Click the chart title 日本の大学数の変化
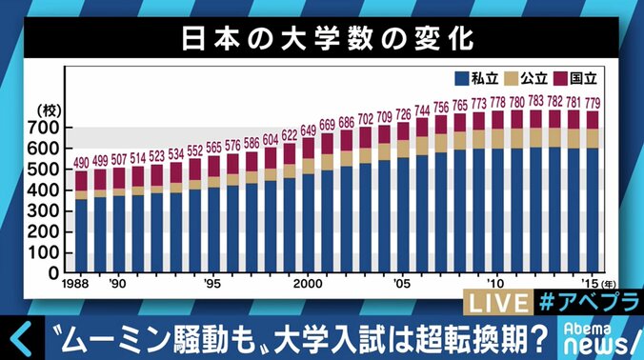(x=321, y=41)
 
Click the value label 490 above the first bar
(x=82, y=162)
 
